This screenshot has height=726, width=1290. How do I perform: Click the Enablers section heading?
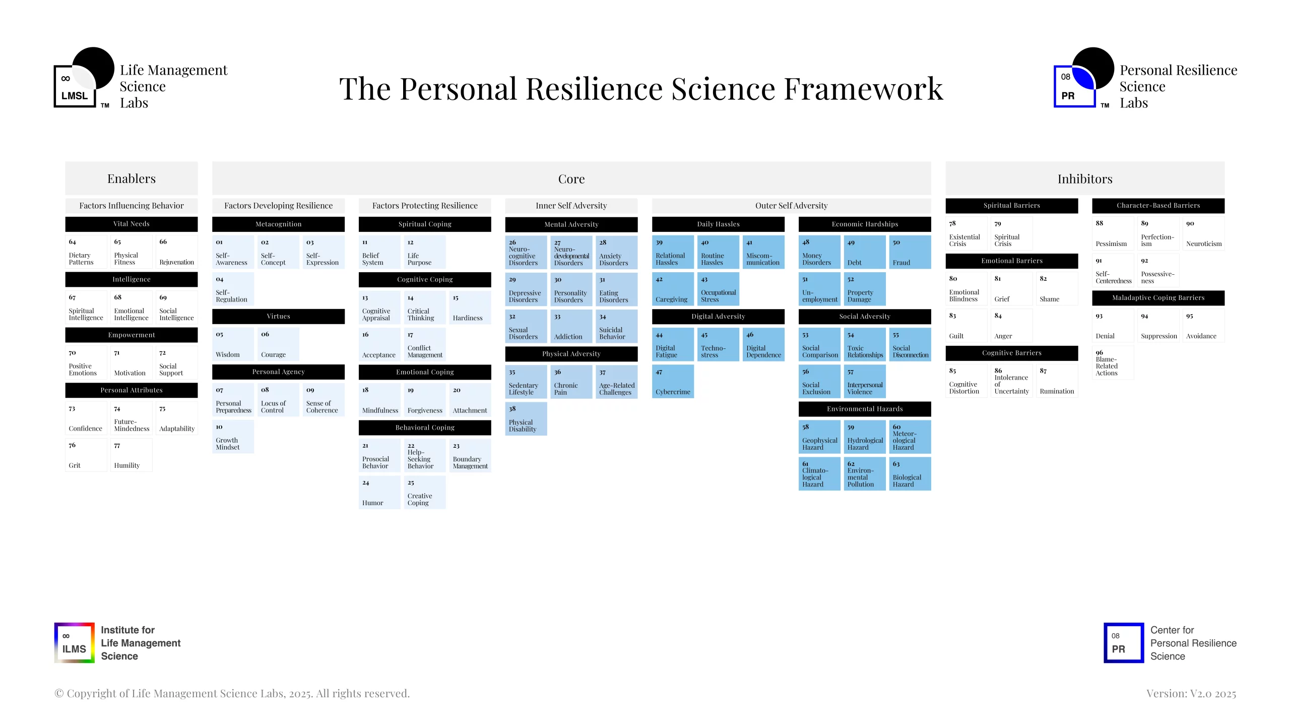(x=131, y=178)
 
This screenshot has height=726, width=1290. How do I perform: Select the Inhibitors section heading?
(x=1085, y=178)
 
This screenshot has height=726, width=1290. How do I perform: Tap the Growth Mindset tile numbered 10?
(x=233, y=437)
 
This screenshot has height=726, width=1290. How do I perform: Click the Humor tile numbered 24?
(x=379, y=492)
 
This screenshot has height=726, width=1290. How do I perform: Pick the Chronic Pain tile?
(x=571, y=382)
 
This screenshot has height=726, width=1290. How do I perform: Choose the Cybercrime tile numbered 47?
(x=673, y=382)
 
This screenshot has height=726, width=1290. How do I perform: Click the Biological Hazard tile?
(x=910, y=474)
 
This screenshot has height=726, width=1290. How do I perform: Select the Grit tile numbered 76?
(x=86, y=455)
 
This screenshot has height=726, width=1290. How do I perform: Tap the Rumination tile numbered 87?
(x=1057, y=381)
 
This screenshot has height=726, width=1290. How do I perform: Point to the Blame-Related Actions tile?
(x=1113, y=362)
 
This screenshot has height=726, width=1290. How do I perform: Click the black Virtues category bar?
(x=279, y=316)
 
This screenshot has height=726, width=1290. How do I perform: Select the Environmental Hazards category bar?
(x=865, y=409)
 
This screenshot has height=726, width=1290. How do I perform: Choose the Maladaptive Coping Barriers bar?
(x=1158, y=298)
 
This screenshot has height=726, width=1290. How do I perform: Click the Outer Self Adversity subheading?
(x=791, y=206)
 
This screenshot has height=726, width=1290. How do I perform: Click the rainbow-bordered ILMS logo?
(x=75, y=643)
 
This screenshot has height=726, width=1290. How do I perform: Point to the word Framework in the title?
(x=864, y=89)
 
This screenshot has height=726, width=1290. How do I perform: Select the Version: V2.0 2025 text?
(x=1191, y=694)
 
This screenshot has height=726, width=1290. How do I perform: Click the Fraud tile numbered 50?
(x=910, y=252)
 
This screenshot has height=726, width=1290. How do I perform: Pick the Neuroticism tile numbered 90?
(x=1204, y=233)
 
